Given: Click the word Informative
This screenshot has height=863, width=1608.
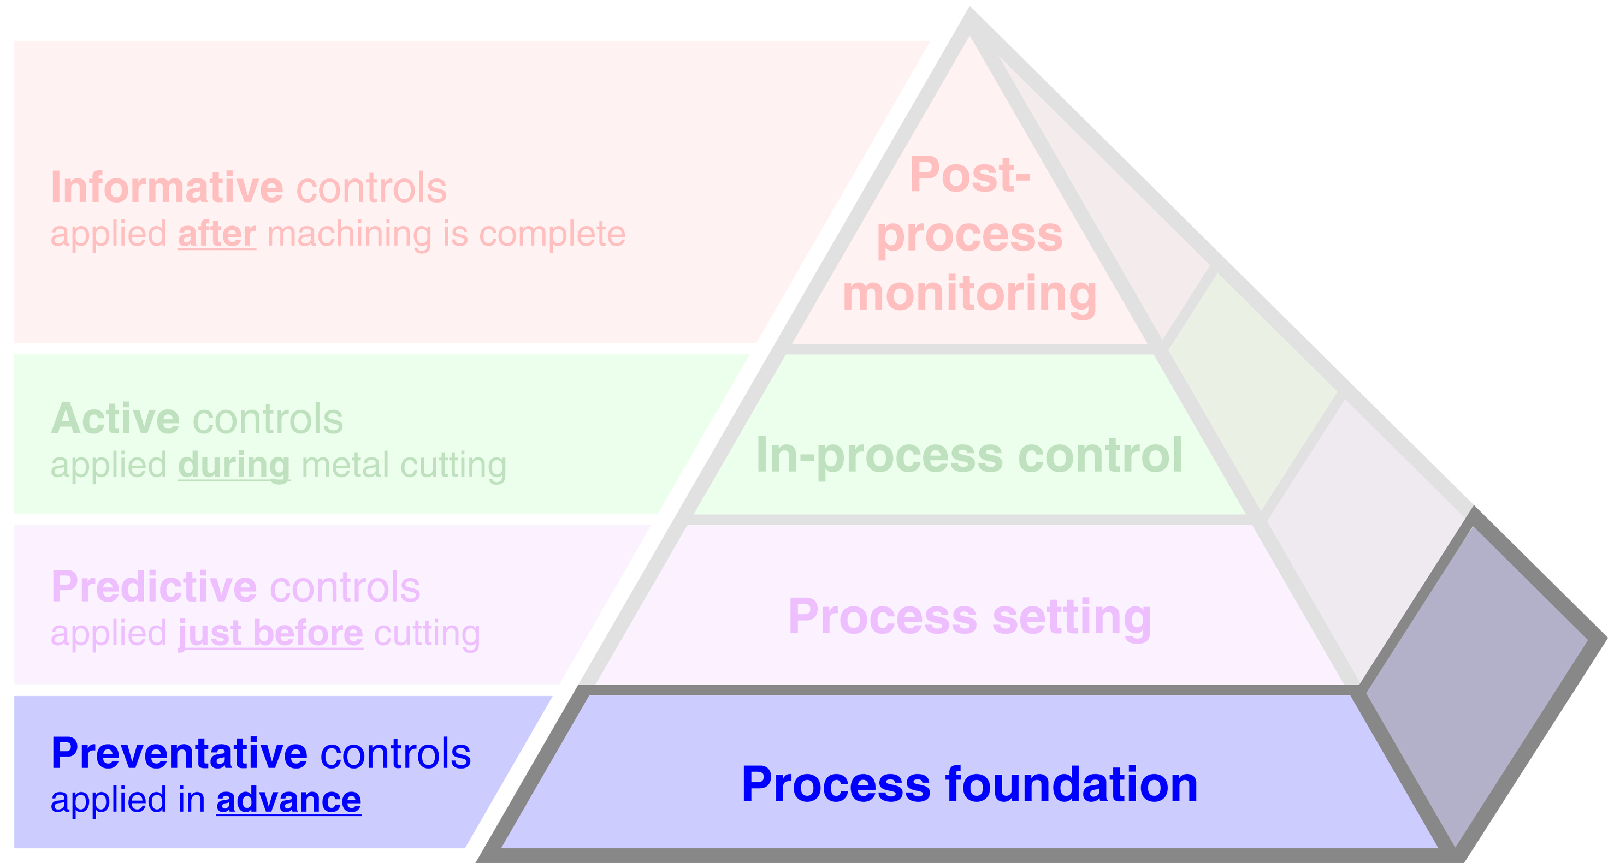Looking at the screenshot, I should [167, 187].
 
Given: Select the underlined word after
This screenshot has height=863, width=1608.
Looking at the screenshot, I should [217, 234].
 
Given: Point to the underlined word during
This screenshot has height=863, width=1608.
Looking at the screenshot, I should [234, 466].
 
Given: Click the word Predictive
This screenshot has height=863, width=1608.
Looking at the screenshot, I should [153, 587].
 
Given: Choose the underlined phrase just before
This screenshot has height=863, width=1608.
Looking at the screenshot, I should [270, 633].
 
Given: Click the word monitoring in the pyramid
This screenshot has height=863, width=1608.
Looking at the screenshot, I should [969, 293].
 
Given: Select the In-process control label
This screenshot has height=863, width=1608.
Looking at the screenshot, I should [969, 455].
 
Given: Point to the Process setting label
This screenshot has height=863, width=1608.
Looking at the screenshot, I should [969, 616].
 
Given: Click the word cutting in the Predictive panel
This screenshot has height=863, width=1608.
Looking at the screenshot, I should [427, 633].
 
